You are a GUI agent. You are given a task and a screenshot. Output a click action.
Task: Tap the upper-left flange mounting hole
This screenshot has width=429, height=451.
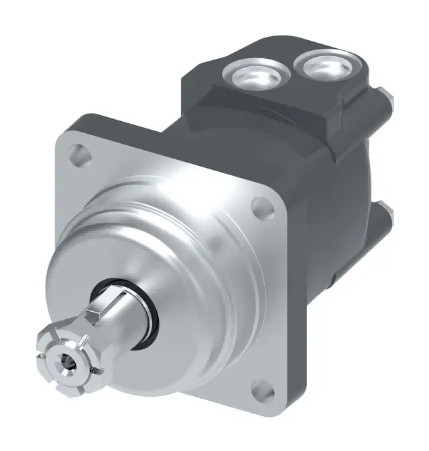click(82, 155)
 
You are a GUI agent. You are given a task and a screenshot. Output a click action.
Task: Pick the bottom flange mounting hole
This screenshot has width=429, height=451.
click(261, 388)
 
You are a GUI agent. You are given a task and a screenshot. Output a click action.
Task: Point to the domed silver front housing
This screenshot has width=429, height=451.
click(201, 268)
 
